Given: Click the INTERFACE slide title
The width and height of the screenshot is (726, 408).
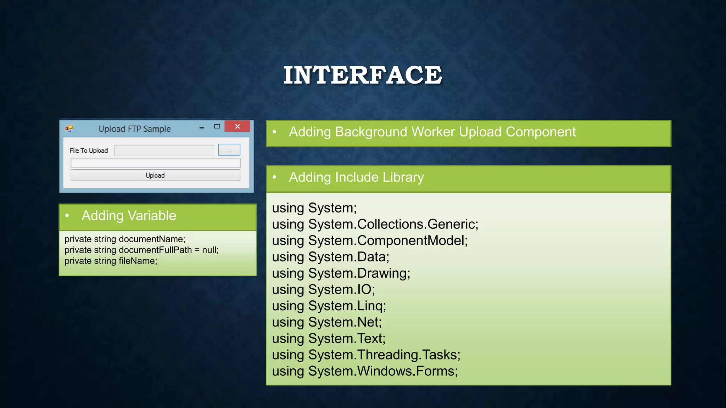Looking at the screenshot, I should point(363,75).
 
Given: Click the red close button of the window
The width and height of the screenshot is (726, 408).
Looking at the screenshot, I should point(237,126).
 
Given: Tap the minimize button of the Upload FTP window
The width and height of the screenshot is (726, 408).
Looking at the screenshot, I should point(202,127).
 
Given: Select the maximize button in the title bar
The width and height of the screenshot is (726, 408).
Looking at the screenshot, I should point(217,126).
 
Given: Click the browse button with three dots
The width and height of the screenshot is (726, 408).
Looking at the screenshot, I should point(229,150).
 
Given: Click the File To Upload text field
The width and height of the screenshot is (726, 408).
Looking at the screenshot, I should point(164,151).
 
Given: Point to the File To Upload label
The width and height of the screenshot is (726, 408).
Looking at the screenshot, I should point(89,151).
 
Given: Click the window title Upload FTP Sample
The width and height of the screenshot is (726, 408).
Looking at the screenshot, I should point(134,129).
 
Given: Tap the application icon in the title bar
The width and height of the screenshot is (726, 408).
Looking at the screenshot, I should point(69,128).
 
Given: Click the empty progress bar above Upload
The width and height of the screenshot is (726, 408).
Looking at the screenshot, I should point(156,163).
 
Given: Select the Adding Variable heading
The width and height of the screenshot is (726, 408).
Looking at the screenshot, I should point(129,216).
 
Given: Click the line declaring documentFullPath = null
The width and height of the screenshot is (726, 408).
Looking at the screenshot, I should point(141,250).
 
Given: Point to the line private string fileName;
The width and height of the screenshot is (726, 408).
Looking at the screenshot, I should point(111,261).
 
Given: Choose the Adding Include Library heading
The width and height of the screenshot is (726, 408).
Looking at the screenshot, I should point(356,177).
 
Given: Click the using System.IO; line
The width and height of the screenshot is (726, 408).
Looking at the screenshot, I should point(323,290).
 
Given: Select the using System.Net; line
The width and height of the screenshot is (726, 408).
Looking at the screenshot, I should point(327,322).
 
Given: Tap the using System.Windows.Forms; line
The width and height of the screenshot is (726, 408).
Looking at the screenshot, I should point(365,371).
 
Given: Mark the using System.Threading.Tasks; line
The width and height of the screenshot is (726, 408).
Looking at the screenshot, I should point(366,355).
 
